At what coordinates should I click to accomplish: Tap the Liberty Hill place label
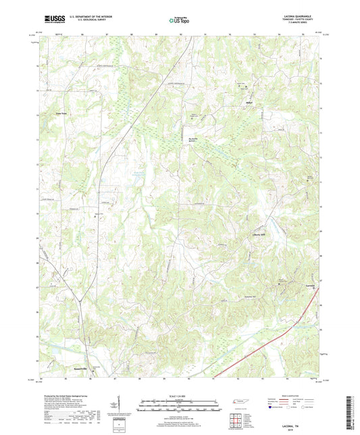point(251,236)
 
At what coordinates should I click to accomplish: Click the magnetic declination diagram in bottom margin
point(119,409)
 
